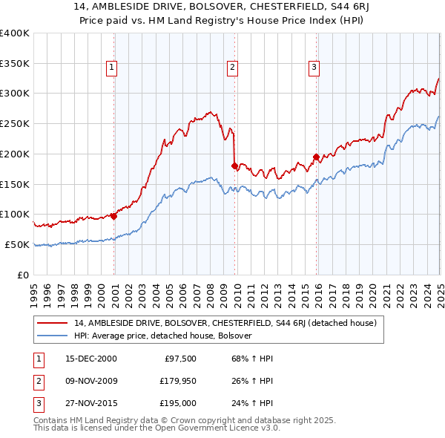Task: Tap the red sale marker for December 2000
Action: point(114,216)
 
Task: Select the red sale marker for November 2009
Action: point(235,166)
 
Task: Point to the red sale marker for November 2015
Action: point(317,157)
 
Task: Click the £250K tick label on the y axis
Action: point(15,124)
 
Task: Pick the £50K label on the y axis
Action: point(17,244)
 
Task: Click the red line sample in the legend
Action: point(53,323)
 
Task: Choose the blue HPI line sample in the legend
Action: point(53,336)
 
